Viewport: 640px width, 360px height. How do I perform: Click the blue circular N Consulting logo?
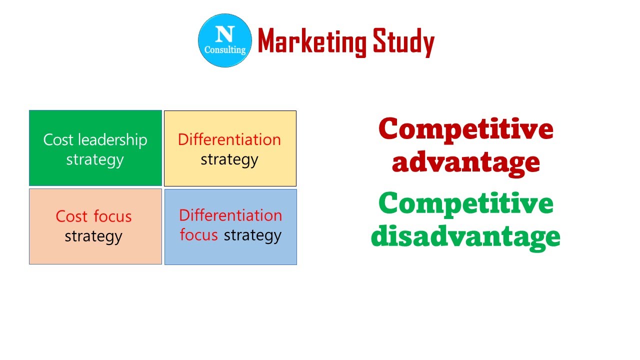[225, 40]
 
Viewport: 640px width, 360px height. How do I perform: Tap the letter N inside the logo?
[224, 34]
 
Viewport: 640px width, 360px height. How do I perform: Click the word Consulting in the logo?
[225, 50]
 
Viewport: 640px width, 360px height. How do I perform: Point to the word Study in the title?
[404, 42]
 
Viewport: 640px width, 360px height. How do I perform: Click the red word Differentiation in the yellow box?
[229, 139]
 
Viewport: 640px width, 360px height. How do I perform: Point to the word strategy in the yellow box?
[229, 160]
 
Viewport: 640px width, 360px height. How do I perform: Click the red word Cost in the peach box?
[72, 216]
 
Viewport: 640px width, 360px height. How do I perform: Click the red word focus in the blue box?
[198, 235]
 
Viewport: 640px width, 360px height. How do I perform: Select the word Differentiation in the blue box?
[230, 215]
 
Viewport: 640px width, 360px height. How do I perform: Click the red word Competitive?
[466, 129]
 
